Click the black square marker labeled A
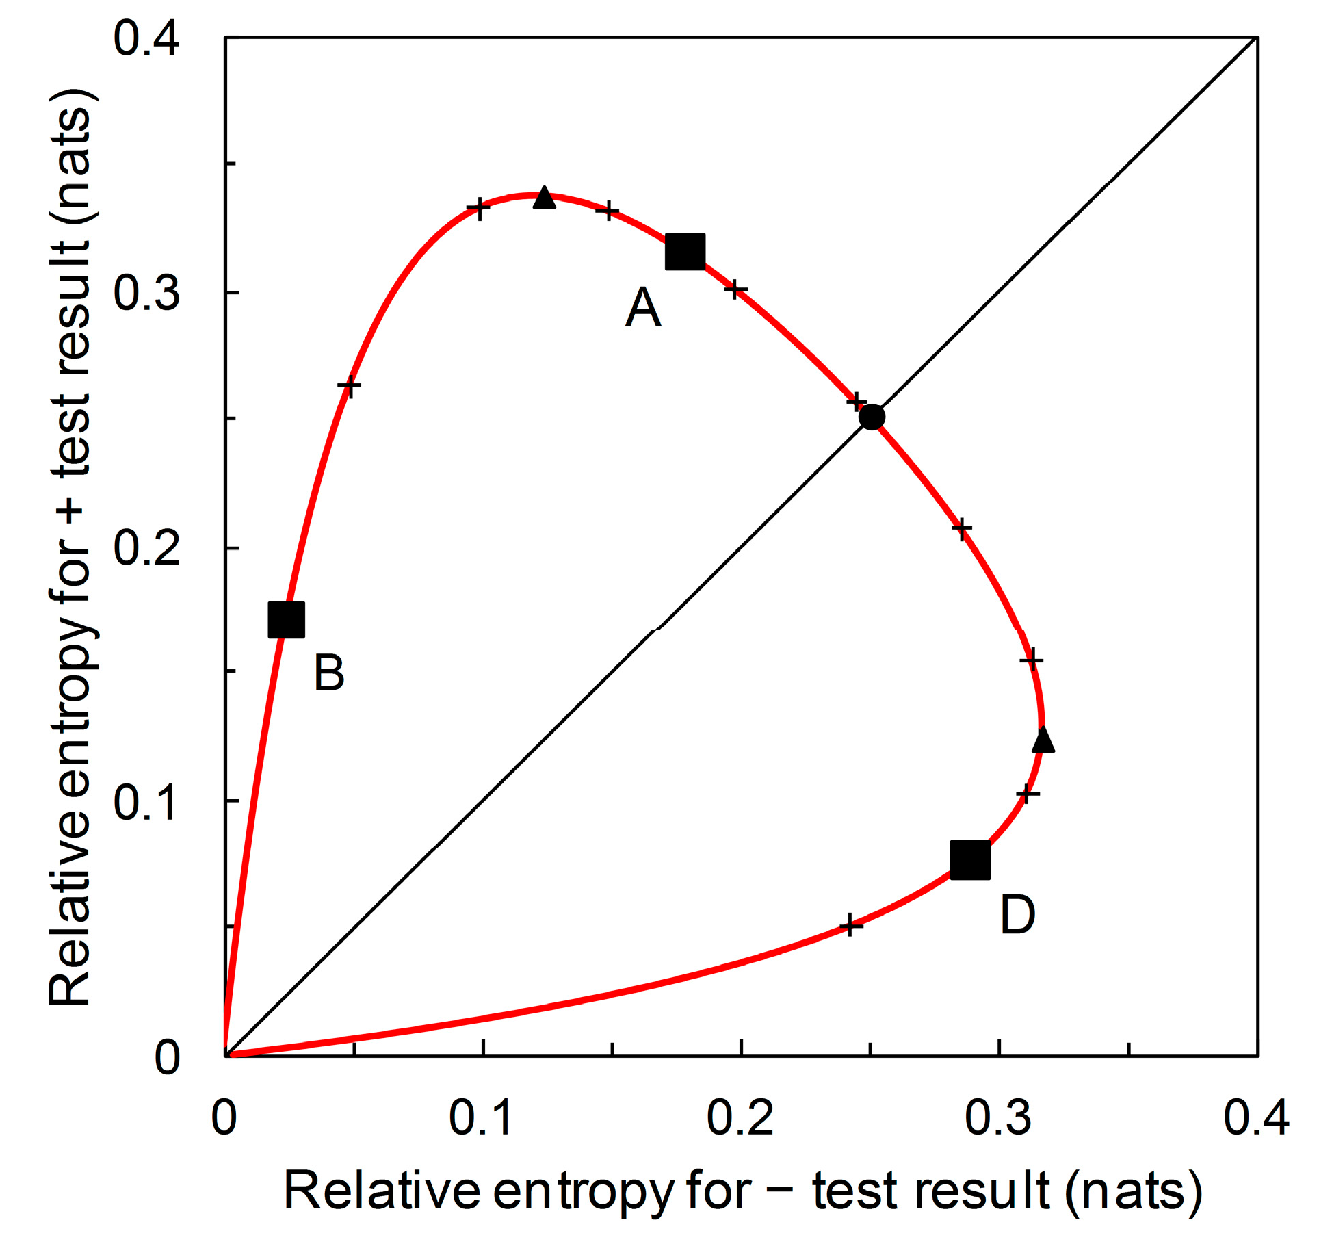[685, 251]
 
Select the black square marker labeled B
[286, 620]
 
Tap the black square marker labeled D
[970, 860]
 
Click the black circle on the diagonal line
[872, 417]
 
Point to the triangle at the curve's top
[544, 198]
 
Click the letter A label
[642, 307]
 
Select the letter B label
[328, 673]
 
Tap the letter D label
[1017, 916]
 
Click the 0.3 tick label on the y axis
[146, 293]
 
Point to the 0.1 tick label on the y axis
[146, 802]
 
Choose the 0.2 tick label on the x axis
[740, 1118]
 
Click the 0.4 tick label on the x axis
[1256, 1118]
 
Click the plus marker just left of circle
[857, 402]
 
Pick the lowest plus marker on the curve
[850, 926]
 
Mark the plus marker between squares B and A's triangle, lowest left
[350, 386]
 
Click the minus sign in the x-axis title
[781, 1191]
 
